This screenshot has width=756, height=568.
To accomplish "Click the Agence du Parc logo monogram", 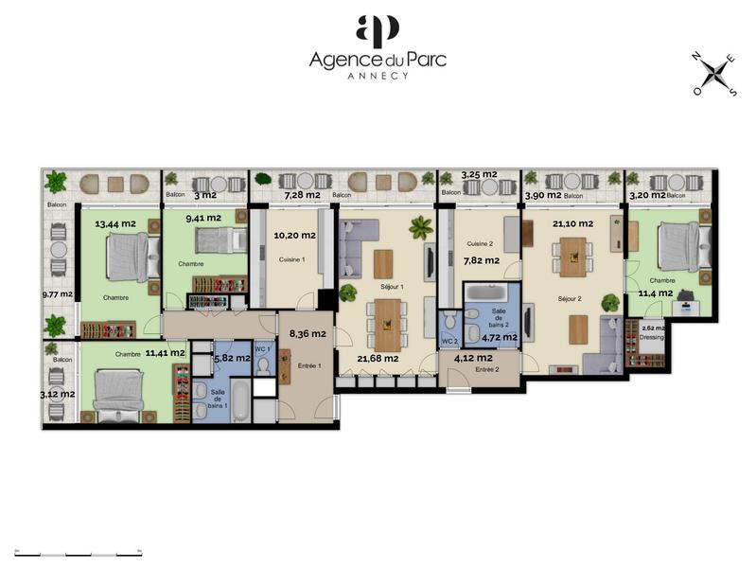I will coord(378,31).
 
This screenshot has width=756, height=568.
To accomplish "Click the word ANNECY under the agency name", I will coord(378,76).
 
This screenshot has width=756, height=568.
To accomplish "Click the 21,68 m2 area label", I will coord(378,357).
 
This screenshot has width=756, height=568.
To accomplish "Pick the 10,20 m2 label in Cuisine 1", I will coord(294,235).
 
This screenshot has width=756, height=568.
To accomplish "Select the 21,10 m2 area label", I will coord(571,223).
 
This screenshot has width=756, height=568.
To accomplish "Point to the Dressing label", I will coord(652,336).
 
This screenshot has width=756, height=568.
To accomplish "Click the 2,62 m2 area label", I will coord(654,328).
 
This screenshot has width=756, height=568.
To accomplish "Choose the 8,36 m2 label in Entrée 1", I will coord(308,333).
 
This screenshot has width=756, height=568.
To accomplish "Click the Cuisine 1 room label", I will coord(291,259).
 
